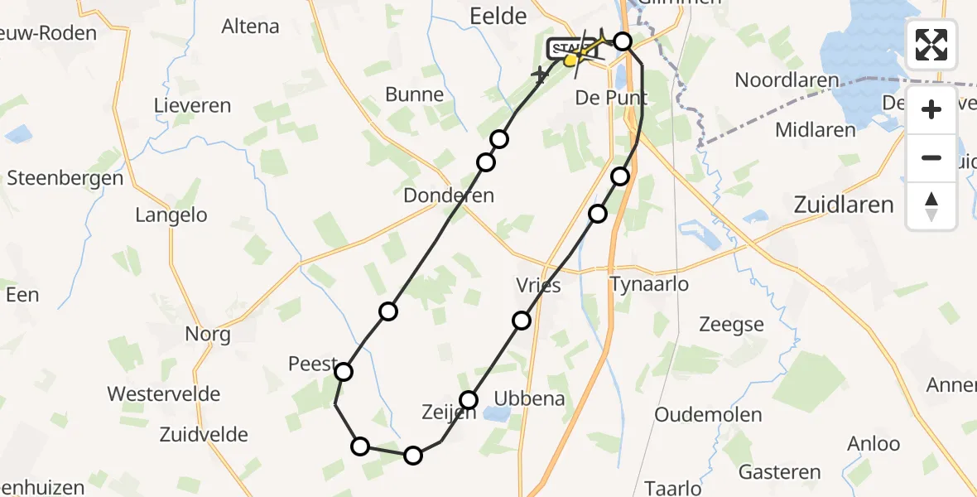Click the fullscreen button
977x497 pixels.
931,44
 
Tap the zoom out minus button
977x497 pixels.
931,157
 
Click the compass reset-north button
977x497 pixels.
931,205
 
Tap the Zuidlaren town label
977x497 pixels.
844,205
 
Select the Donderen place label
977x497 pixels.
449,195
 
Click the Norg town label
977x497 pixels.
209,335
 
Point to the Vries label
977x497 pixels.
538,286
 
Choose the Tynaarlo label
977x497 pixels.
649,285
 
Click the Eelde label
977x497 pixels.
498,16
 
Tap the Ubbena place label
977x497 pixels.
529,398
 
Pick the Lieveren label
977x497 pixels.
193,106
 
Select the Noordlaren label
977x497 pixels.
787,80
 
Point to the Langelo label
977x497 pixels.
171,215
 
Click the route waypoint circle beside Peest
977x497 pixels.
343,372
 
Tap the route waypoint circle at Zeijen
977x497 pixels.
469,400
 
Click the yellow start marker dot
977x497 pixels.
570,60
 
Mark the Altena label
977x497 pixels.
250,26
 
